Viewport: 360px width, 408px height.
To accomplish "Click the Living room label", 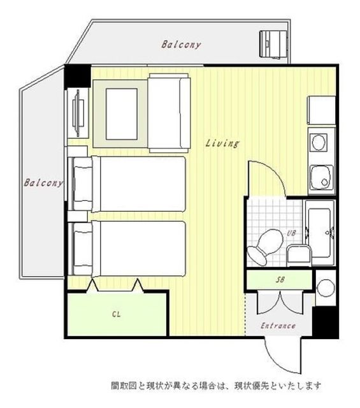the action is point(222,143).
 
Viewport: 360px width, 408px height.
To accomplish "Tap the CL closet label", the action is point(116,314).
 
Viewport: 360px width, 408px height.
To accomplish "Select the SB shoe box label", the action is point(280,280).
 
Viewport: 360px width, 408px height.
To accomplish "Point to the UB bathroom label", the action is point(291,233).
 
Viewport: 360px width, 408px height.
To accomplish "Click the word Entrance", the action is point(278,326).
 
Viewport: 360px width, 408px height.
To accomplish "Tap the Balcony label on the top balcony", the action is point(181,45).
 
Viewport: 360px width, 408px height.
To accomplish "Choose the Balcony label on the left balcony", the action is point(43,183).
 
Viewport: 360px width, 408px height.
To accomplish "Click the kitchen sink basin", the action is point(322,177).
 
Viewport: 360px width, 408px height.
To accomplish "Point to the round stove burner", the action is point(319,142).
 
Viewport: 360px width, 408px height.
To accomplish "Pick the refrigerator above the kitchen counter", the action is point(322,110).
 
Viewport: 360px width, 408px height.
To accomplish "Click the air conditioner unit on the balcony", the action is point(273,44).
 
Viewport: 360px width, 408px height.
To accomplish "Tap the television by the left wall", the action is point(78,113).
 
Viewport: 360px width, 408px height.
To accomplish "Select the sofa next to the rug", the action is point(169,113).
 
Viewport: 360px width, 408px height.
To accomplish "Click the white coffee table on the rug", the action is point(122,114).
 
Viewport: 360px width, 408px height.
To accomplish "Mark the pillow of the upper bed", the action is point(83,184).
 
